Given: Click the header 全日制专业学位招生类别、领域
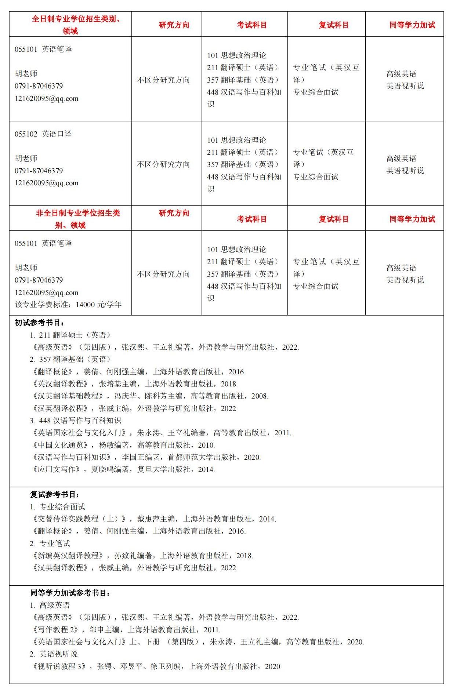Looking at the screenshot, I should click(70, 25).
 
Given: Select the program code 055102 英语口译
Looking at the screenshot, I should click(43, 134).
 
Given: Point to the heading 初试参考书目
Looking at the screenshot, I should click(40, 323).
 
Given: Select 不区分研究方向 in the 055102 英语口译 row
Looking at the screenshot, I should click(163, 164).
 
